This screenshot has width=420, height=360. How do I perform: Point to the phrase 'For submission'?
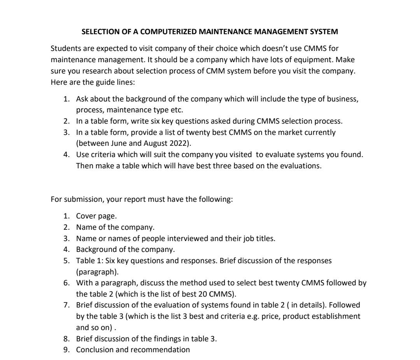click(x=73, y=199)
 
